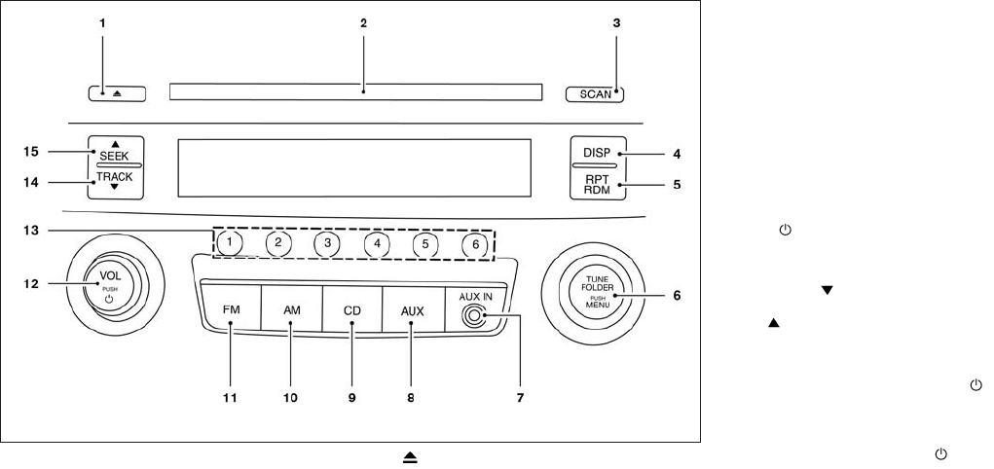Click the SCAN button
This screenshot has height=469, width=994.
click(x=594, y=94)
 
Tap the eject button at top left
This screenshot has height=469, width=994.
click(x=116, y=93)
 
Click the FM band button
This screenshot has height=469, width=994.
click(x=232, y=309)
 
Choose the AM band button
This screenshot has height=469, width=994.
click(x=291, y=309)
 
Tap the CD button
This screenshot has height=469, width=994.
click(x=351, y=309)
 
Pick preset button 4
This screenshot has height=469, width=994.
click(x=376, y=243)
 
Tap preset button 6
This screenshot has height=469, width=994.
click(x=475, y=244)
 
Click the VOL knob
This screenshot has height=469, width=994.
click(x=109, y=284)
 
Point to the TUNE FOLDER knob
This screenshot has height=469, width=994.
click(x=596, y=292)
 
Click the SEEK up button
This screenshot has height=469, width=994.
click(x=115, y=153)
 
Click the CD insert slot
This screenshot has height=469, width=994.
click(x=354, y=92)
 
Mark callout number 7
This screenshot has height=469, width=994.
click(x=521, y=398)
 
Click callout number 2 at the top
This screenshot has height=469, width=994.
click(x=362, y=21)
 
